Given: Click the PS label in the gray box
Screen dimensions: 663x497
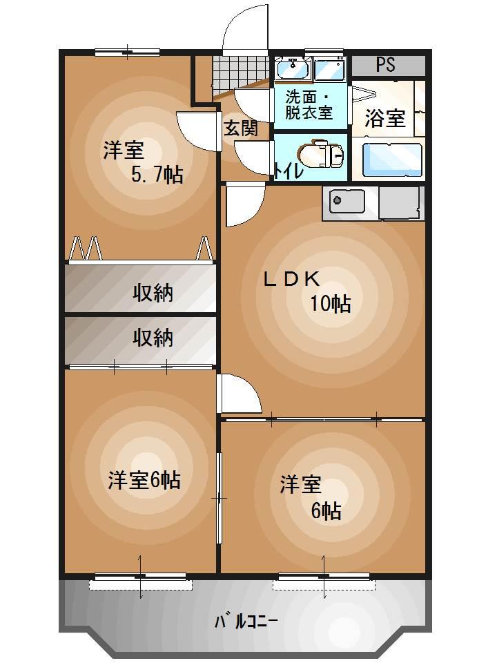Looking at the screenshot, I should pyautogui.click(x=386, y=66).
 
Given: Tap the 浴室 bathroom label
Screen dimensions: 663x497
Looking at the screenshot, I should pyautogui.click(x=384, y=117).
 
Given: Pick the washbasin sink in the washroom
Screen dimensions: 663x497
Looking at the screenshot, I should pyautogui.click(x=293, y=69).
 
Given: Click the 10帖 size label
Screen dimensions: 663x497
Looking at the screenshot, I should pyautogui.click(x=329, y=303).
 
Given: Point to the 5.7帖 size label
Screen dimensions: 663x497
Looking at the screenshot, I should pyautogui.click(x=157, y=175).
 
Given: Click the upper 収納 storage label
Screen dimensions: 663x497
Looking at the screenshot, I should pyautogui.click(x=153, y=294).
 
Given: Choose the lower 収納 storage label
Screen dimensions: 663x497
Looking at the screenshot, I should pyautogui.click(x=153, y=338).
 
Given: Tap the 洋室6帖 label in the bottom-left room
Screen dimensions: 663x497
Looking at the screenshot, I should pyautogui.click(x=144, y=480).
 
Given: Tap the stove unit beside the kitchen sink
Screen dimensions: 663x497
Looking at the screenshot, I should pyautogui.click(x=398, y=203).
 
